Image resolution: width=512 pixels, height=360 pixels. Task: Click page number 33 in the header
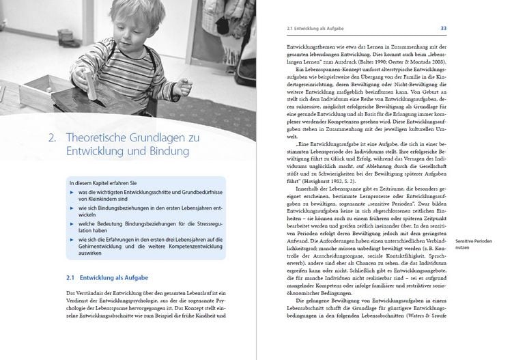(x=444, y=28)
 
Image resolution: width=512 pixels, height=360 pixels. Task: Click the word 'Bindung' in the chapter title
(x=163, y=150)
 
